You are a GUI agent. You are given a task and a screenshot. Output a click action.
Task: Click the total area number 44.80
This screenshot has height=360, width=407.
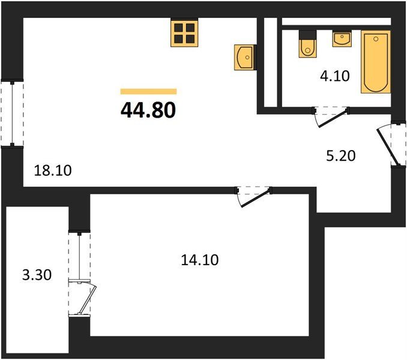click(x=148, y=110)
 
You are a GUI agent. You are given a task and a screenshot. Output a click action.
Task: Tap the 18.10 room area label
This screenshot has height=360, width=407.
click(x=53, y=170)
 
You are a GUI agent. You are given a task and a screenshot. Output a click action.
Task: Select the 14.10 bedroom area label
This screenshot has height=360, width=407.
click(x=200, y=260)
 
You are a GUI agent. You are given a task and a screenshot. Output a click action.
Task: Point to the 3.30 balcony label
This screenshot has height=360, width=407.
click(x=37, y=275)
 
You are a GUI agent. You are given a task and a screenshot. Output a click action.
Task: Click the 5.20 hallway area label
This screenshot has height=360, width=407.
click(x=341, y=156)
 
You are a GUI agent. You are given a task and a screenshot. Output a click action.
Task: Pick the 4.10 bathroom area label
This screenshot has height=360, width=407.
click(x=335, y=76)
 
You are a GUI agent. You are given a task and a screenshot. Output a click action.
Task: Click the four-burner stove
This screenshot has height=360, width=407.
click(x=184, y=33)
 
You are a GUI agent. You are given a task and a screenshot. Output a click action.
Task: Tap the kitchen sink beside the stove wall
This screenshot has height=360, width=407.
click(x=244, y=57)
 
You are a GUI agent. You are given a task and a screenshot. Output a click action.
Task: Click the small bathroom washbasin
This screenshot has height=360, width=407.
click(x=342, y=38)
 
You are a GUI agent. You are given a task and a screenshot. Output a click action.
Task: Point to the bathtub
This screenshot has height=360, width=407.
click(x=376, y=62)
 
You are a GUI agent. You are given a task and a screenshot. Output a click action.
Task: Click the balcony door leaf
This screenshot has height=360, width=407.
click(x=88, y=299)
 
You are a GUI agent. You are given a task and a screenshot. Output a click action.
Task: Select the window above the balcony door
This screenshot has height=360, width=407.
click(x=79, y=256)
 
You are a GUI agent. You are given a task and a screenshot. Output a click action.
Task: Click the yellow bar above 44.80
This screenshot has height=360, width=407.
click(x=148, y=92)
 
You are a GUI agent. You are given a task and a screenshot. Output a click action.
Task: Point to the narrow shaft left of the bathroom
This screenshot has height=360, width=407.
click(x=271, y=62)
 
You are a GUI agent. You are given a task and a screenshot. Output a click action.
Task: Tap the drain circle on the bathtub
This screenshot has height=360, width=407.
click(x=376, y=39)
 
